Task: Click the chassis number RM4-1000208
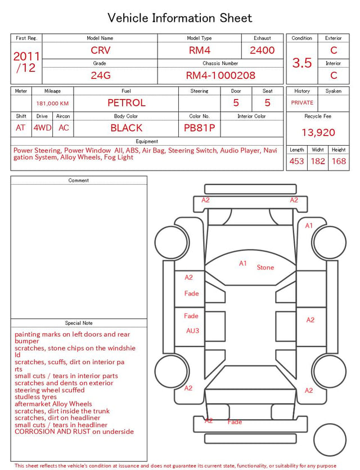[x=220, y=75]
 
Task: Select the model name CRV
[x=101, y=50]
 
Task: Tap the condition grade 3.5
[x=302, y=63]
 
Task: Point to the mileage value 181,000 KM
[x=52, y=104]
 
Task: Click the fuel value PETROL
[x=127, y=103]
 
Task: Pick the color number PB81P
[x=200, y=128]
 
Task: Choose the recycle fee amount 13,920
[x=318, y=132]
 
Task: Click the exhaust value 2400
[x=262, y=50]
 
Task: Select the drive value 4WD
[x=42, y=128]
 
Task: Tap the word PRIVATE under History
[x=302, y=102]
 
